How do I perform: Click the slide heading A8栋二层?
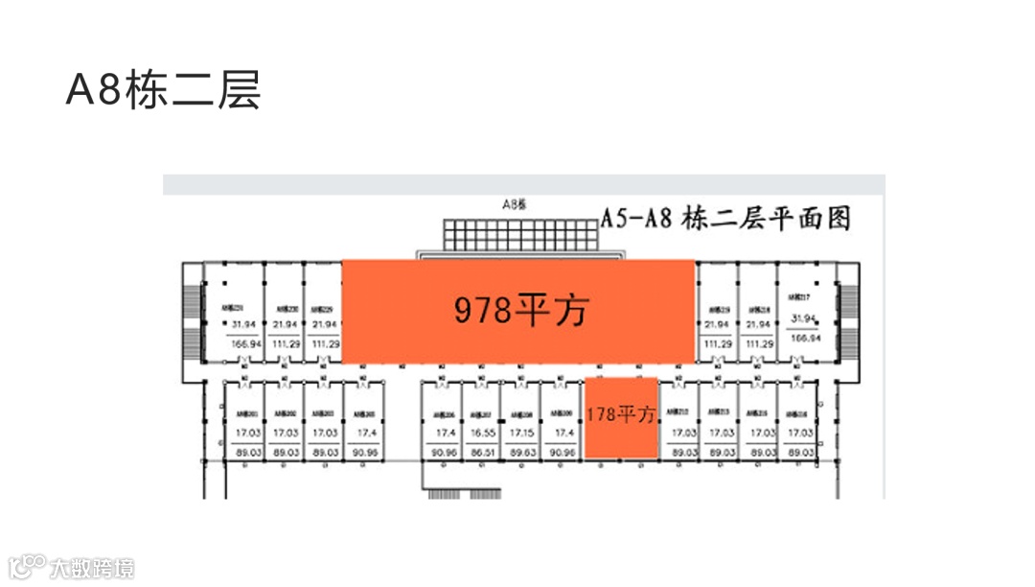point(163,92)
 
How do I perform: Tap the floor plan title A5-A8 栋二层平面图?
point(725,219)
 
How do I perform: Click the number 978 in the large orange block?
point(482,311)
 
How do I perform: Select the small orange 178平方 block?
point(621,416)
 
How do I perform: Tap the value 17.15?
point(520,434)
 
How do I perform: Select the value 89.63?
point(520,452)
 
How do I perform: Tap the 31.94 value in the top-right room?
point(803,319)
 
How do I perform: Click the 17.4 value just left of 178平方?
point(561,434)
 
